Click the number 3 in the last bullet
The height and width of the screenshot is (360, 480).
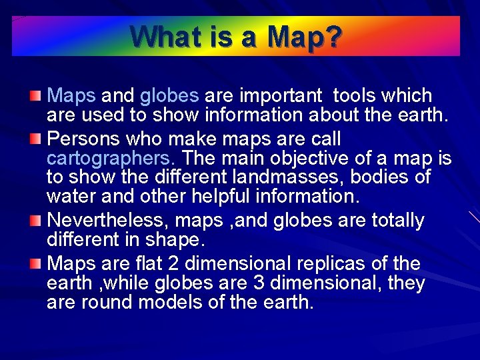click(x=261, y=283)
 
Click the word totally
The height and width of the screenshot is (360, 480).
click(x=395, y=220)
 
